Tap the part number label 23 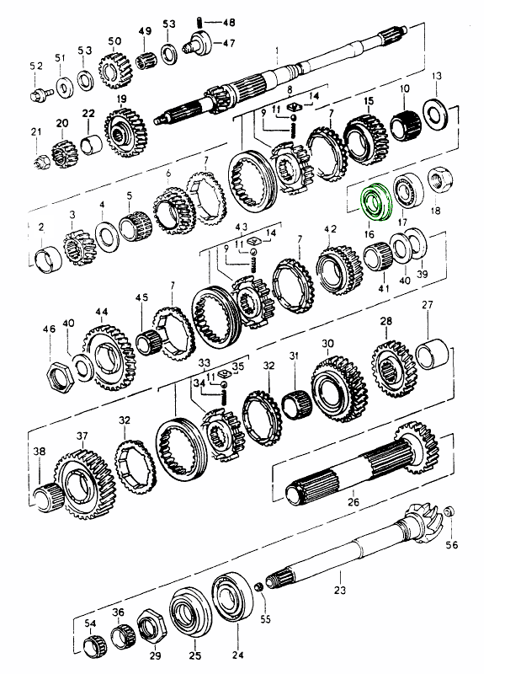(340, 590)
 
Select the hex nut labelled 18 (438, 179)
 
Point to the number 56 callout (452, 544)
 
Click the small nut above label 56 (449, 511)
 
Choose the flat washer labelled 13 (435, 110)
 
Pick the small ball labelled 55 (260, 601)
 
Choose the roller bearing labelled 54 (93, 647)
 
